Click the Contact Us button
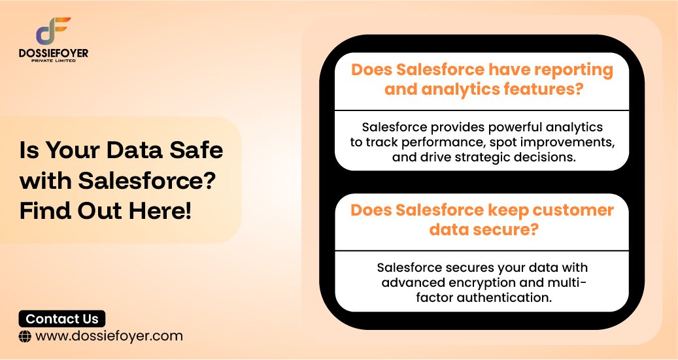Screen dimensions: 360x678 [62, 319]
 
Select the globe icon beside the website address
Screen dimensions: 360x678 [25, 336]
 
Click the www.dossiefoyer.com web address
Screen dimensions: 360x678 [109, 336]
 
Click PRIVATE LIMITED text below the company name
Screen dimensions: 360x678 [54, 60]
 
